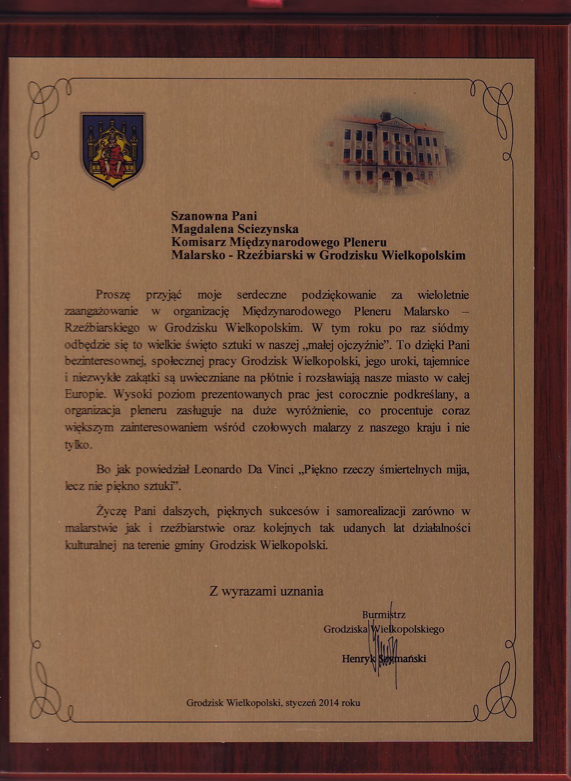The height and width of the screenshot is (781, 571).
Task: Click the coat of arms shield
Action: (112, 149)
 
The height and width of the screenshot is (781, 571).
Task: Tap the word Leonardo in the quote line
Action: (217, 470)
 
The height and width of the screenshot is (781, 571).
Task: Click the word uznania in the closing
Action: (301, 591)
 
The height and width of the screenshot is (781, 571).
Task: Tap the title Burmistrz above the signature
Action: (384, 615)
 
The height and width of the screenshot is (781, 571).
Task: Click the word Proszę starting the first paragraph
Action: (113, 295)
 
